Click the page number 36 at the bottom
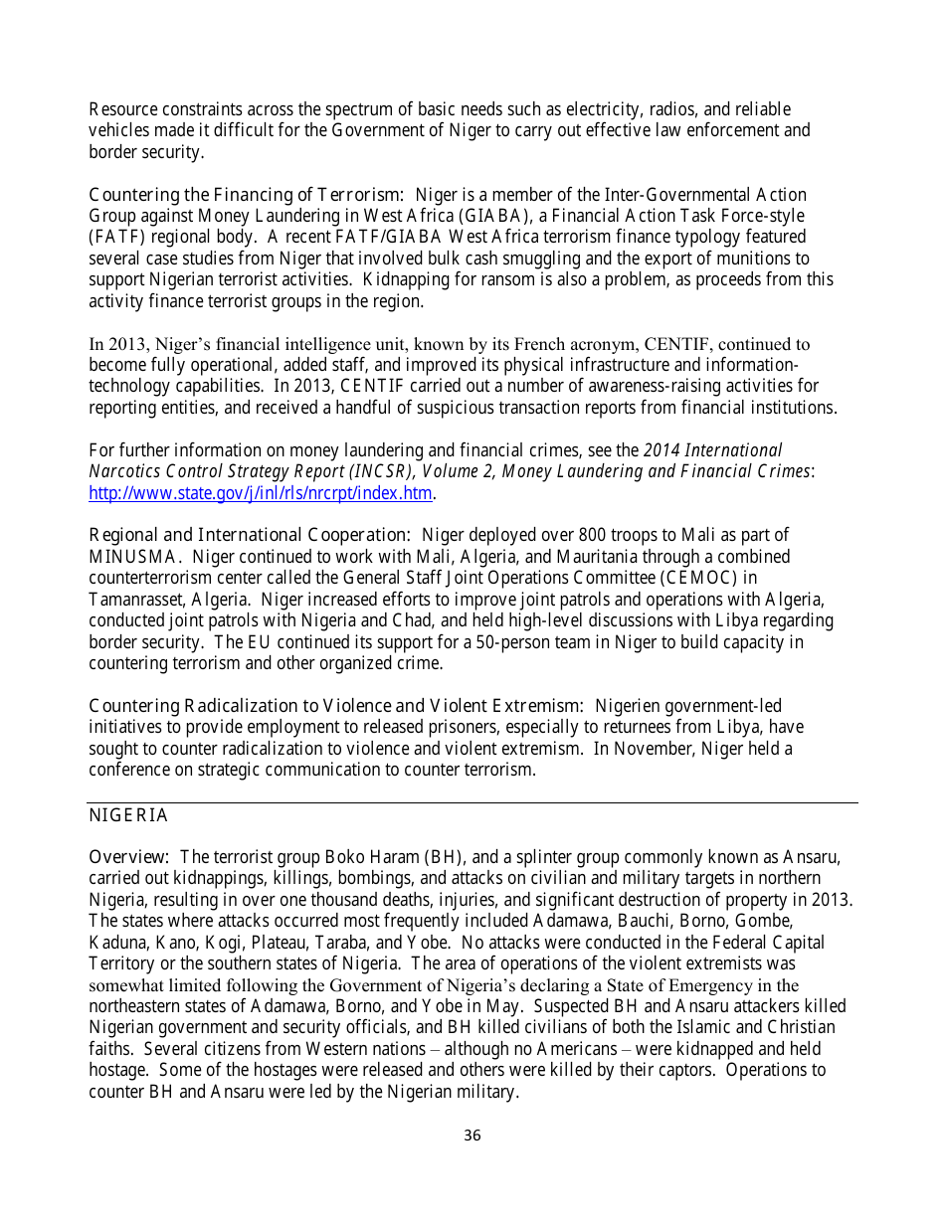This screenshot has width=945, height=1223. [472, 1136]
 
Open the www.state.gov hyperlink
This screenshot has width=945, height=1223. [261, 493]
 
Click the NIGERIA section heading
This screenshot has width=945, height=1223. [128, 816]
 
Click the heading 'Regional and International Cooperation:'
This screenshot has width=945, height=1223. [250, 536]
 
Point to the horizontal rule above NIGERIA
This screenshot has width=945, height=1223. [472, 802]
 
